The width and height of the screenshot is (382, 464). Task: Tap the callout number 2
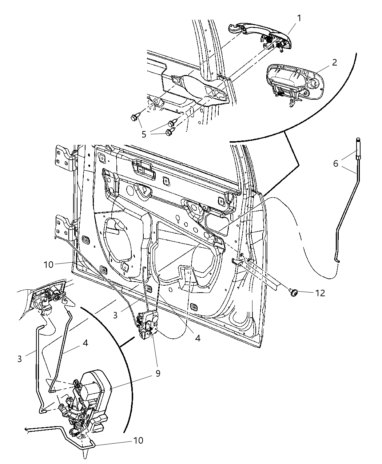point(334,62)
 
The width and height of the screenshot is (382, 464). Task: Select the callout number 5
point(144,134)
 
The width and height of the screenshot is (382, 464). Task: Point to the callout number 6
point(335,163)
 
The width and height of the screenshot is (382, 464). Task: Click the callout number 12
point(320,293)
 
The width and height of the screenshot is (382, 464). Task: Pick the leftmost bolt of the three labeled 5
point(134,117)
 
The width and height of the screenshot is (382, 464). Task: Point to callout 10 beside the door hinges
point(49,265)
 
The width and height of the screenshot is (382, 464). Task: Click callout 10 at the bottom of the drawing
point(138,440)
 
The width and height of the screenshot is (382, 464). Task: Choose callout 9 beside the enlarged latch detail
point(158,374)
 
